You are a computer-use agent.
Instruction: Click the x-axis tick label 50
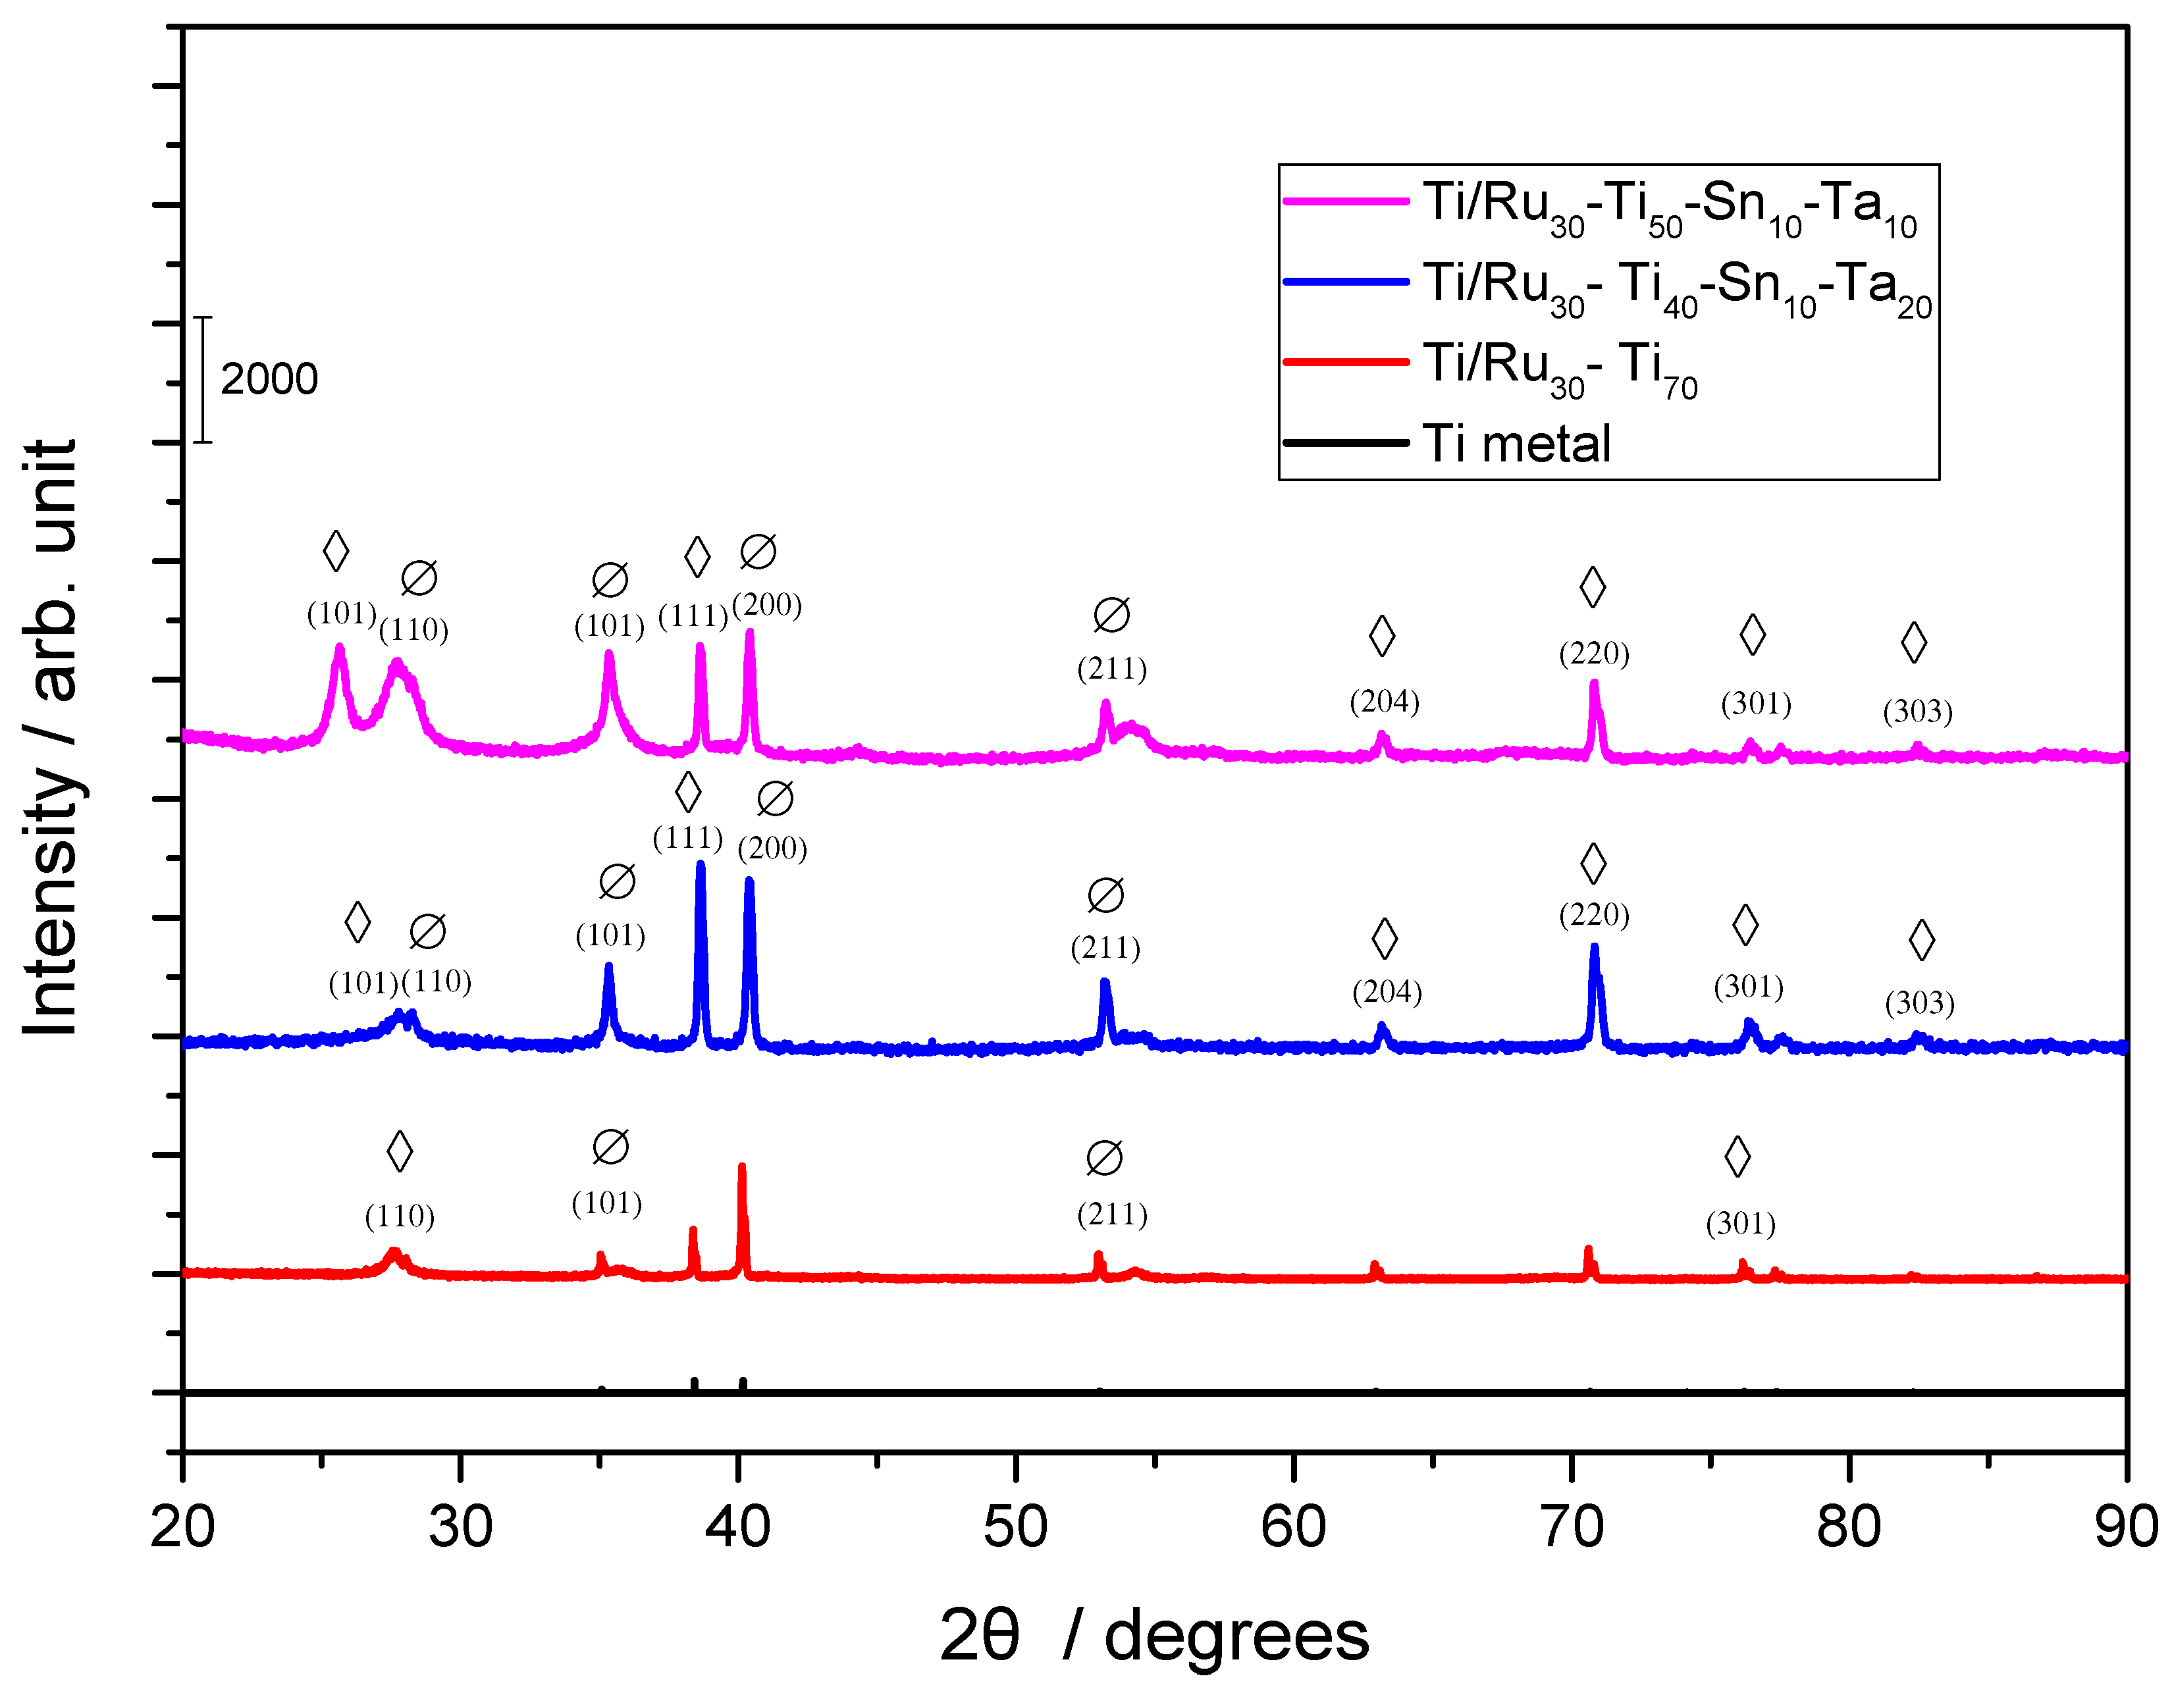pos(1015,1527)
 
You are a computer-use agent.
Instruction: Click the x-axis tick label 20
pos(183,1527)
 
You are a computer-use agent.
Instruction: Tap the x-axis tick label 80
pos(1848,1527)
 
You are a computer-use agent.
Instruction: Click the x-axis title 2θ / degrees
pos(1153,1635)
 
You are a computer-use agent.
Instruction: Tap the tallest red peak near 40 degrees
pos(741,1169)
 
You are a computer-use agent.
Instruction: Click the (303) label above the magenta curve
pos(1917,712)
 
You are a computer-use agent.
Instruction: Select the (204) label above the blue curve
pos(1387,992)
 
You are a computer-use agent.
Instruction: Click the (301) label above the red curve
pos(1740,1224)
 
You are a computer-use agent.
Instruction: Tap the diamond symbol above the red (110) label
pos(400,1151)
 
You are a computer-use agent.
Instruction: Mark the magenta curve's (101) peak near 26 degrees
pos(339,649)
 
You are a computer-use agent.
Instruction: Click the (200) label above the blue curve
pos(772,849)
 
